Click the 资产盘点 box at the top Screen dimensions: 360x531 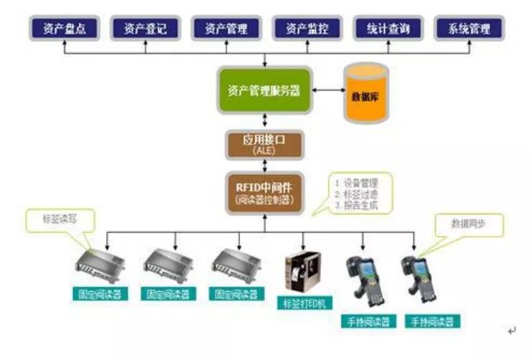63,29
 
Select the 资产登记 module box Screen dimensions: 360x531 145,29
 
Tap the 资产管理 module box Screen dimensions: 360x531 226,29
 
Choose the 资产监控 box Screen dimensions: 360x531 307,29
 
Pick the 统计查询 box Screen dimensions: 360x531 388,29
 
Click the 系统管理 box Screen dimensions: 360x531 469,29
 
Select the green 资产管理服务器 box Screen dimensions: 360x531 264,91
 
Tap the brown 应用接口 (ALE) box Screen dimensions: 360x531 264,144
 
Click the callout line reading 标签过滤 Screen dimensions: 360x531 358,194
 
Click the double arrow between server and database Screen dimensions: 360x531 327,90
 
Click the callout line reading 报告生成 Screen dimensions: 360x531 358,206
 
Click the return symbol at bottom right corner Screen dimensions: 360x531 511,331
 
